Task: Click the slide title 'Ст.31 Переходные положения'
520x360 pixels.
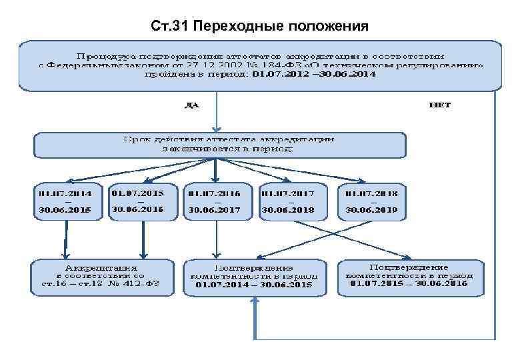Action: point(259,27)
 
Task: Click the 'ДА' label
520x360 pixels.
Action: point(192,105)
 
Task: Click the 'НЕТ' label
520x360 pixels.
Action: point(440,105)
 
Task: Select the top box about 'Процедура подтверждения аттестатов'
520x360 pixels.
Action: point(260,66)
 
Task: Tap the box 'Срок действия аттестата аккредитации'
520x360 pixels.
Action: point(220,145)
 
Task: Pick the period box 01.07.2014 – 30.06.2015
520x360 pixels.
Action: point(65,201)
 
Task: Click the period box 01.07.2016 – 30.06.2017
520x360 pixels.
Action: point(214,201)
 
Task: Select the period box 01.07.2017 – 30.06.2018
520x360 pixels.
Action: point(287,201)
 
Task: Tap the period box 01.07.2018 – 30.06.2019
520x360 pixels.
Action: point(371,201)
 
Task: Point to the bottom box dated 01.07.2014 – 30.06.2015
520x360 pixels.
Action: point(254,276)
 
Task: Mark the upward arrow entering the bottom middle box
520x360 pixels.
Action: point(254,313)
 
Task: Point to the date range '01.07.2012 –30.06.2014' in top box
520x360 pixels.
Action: point(314,75)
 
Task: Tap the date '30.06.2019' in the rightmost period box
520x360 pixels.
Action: point(371,210)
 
